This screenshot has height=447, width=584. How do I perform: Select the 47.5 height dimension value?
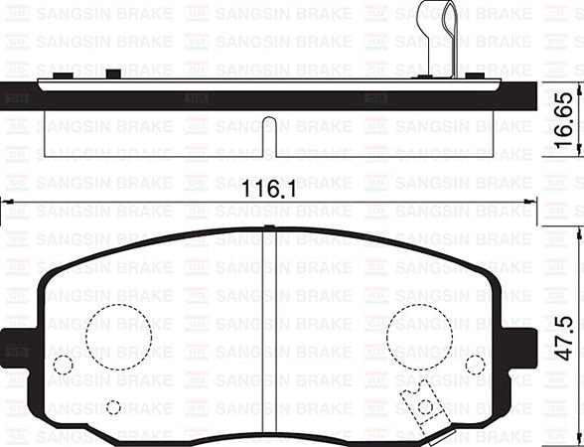click(x=563, y=339)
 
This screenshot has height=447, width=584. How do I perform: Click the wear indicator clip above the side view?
click(x=438, y=36)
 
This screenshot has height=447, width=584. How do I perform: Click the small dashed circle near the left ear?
click(x=63, y=365)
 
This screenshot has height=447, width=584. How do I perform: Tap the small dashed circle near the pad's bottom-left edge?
click(x=114, y=407)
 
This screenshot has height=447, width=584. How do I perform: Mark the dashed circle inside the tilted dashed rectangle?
click(x=426, y=405)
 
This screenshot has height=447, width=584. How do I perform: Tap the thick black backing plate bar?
click(x=269, y=98)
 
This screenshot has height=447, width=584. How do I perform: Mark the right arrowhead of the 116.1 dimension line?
click(x=533, y=203)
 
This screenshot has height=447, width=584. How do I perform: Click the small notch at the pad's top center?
click(x=269, y=227)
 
